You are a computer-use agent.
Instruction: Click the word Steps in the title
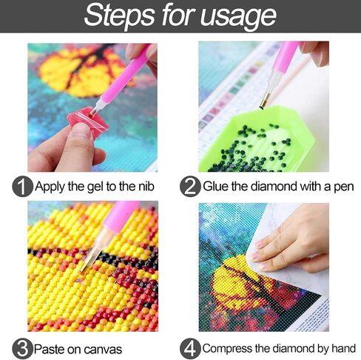[x=119, y=16]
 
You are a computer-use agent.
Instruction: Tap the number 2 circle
[x=191, y=186]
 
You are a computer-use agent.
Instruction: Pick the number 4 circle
[x=190, y=347]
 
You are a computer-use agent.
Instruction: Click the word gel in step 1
[x=98, y=186]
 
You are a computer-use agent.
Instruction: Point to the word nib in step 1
[x=155, y=186]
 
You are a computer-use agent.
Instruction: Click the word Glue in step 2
[x=218, y=186]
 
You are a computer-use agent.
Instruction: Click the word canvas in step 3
[x=101, y=348]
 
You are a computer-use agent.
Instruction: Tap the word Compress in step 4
[x=226, y=348]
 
